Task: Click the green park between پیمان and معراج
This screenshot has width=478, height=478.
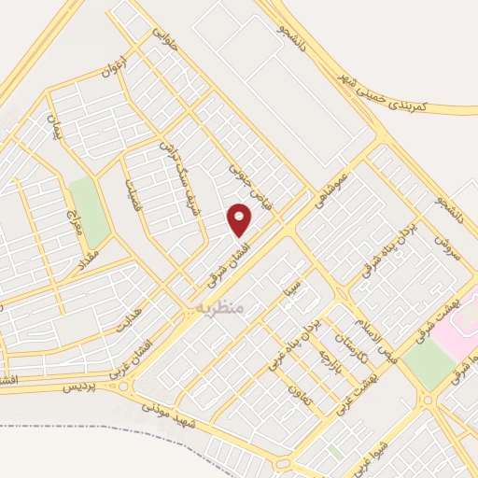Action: (84, 201)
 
